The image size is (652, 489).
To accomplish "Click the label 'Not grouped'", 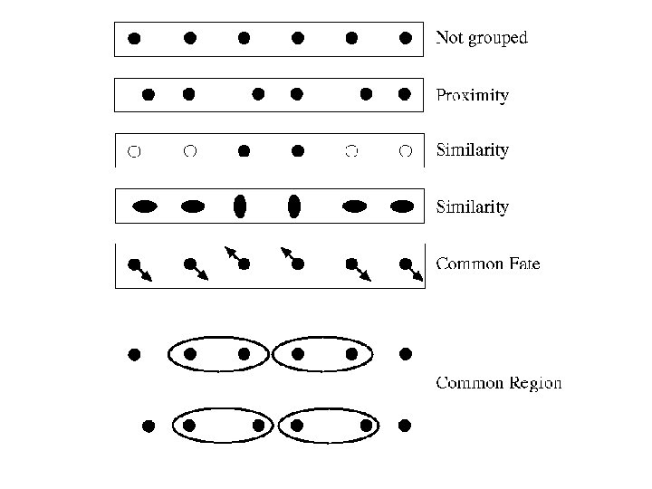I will (x=481, y=38).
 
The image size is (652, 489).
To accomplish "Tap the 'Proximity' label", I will (x=472, y=95).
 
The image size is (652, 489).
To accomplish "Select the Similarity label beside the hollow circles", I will (x=472, y=150).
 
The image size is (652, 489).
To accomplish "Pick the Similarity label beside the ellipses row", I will (x=472, y=207).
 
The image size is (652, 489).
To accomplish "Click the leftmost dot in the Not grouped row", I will (x=134, y=38).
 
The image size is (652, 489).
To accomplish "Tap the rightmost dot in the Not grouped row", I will (x=406, y=38).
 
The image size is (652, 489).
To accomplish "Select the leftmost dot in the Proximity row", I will (x=149, y=93).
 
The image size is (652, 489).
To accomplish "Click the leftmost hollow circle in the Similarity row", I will (x=134, y=151).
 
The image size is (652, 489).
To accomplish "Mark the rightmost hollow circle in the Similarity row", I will (x=406, y=151).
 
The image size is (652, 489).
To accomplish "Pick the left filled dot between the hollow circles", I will (x=244, y=151).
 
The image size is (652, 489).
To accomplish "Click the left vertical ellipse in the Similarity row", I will (x=240, y=206).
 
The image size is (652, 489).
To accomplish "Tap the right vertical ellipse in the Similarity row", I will (x=293, y=206).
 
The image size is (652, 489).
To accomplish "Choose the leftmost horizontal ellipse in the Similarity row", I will (x=145, y=206).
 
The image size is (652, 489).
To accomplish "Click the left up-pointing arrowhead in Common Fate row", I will (x=227, y=249).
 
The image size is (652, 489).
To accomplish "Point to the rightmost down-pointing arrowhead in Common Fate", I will (x=419, y=279).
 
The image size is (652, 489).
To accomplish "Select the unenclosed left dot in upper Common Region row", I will (x=134, y=354).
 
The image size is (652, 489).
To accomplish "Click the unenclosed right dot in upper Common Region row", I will (x=406, y=353).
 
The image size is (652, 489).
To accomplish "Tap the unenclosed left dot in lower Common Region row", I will (x=149, y=425).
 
